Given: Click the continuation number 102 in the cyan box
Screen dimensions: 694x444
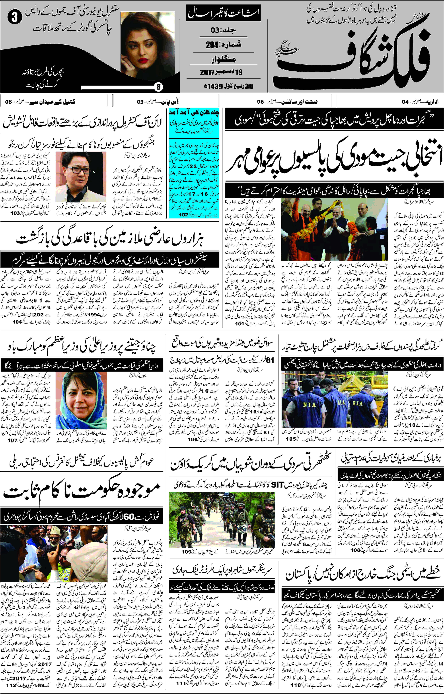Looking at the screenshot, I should (x=183, y=215).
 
